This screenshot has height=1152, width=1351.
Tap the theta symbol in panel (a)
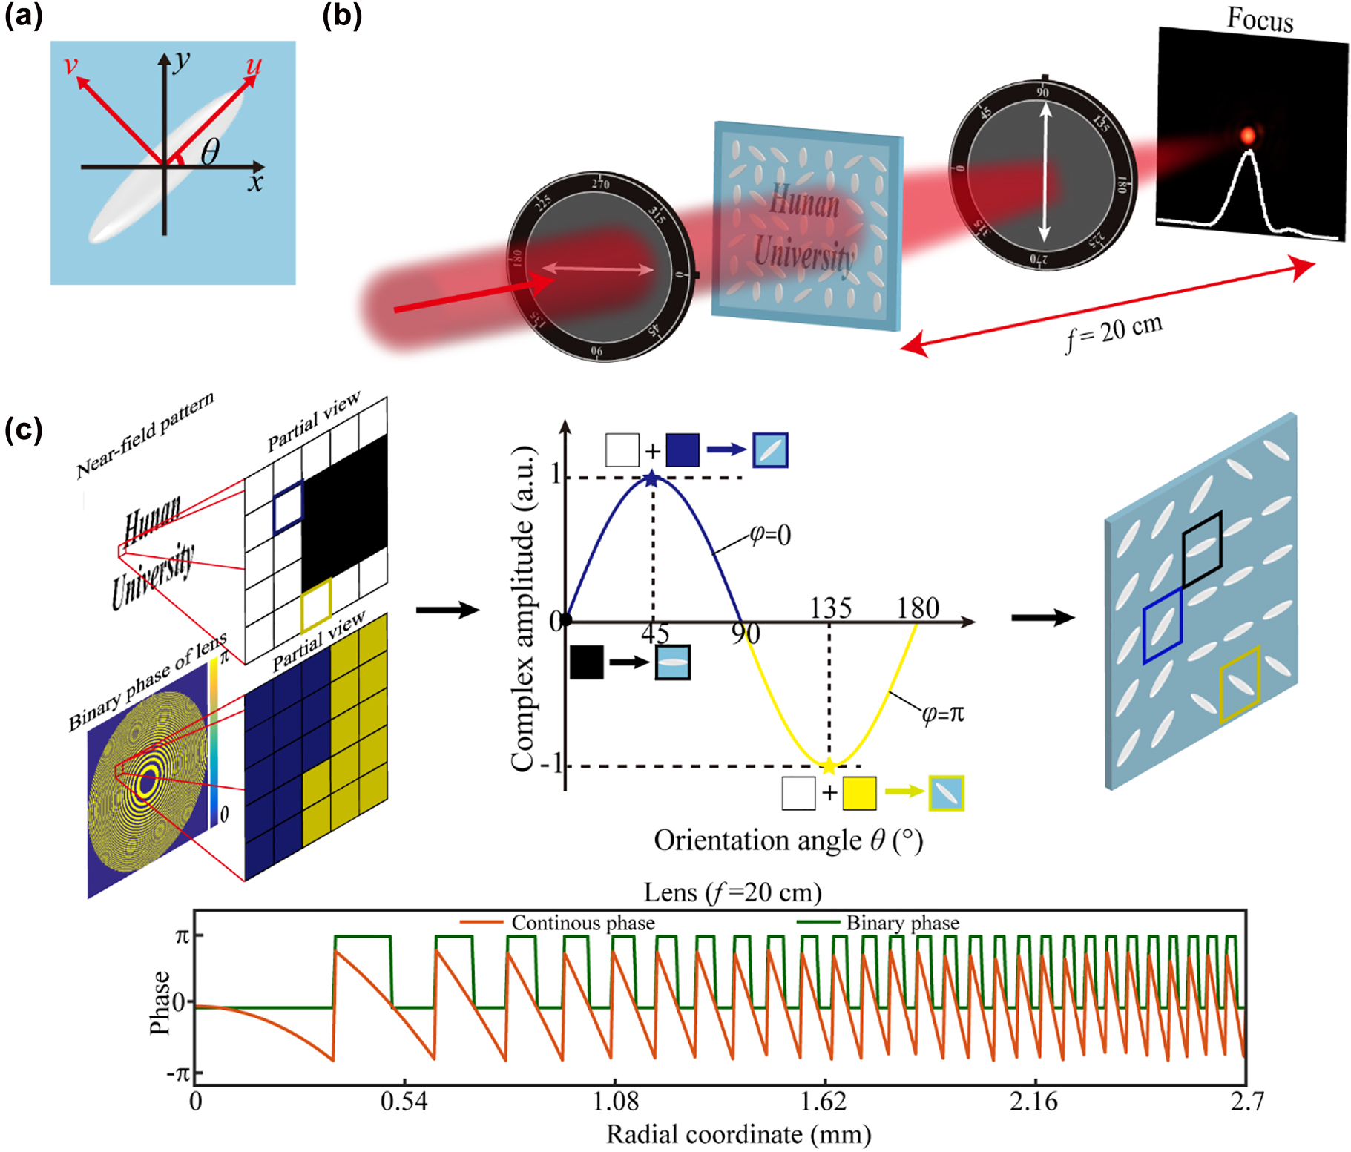210,152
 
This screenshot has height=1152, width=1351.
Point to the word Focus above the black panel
1260,19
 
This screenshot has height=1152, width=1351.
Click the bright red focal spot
1249,135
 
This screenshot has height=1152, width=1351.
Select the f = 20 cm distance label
1114,333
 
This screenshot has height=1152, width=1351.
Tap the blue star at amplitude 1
651,478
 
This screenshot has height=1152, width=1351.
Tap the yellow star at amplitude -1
829,766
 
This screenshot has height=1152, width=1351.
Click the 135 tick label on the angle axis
830,608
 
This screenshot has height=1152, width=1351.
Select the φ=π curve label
942,713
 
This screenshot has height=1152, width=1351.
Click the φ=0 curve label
770,534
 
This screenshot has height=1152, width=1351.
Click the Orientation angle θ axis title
788,840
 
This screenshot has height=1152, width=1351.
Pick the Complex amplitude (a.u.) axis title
523,608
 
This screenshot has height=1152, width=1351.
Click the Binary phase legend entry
901,923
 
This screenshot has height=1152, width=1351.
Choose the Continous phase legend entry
582,923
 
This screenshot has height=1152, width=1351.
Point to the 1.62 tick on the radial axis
824,1102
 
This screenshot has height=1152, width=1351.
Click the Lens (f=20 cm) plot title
732,892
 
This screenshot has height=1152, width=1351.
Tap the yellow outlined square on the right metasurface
1239,684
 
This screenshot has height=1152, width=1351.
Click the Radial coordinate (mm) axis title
738,1134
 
